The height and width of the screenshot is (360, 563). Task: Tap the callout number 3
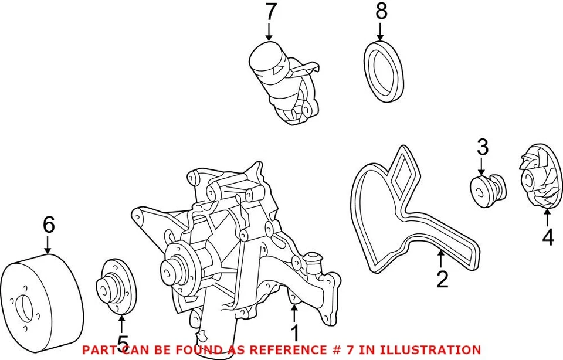click(482, 147)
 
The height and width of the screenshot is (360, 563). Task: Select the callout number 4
click(547, 237)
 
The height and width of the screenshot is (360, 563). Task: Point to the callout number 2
click(442, 279)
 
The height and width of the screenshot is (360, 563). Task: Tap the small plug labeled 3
click(487, 190)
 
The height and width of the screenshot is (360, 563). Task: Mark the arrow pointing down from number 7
click(269, 30)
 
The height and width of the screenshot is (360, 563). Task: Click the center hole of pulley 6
click(24, 308)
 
